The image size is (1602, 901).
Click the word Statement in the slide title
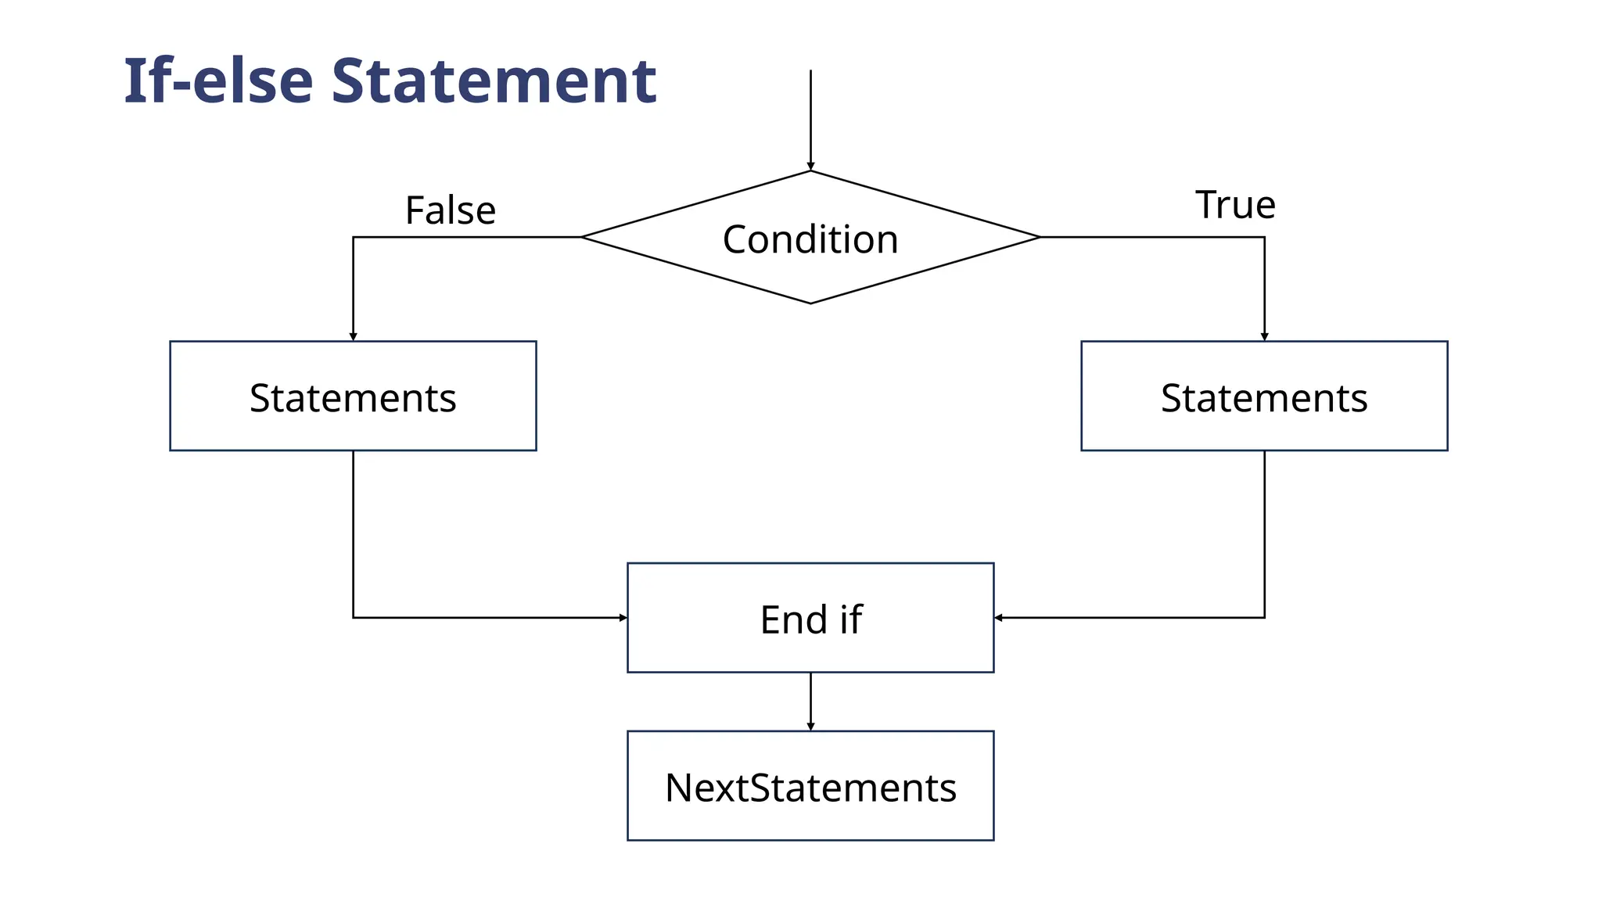tap(494, 81)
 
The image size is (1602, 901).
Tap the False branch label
tap(450, 210)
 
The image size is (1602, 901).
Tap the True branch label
tap(1235, 205)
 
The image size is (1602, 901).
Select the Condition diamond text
tap(810, 239)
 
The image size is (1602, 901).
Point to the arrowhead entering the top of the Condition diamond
tap(810, 166)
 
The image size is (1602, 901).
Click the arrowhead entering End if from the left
tap(623, 618)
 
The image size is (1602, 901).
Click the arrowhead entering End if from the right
tap(999, 618)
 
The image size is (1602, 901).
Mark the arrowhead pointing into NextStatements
tap(810, 726)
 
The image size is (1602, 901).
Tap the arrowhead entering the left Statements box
tap(353, 336)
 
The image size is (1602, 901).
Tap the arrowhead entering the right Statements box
tap(1264, 336)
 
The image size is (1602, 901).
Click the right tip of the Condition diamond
tap(1039, 237)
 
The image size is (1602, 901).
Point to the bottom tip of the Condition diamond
tap(810, 303)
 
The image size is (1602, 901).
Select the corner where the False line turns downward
tap(354, 237)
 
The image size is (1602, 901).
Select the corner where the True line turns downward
tap(1264, 237)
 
